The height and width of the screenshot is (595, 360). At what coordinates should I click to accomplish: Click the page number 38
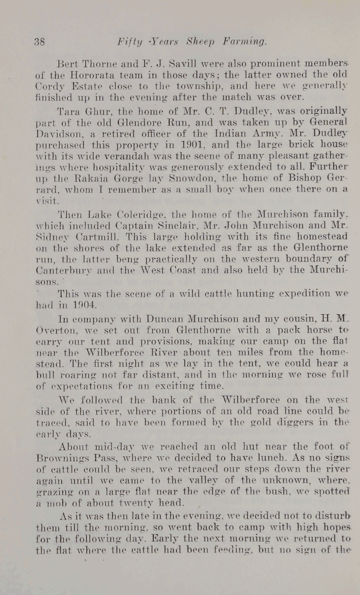click(40, 41)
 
